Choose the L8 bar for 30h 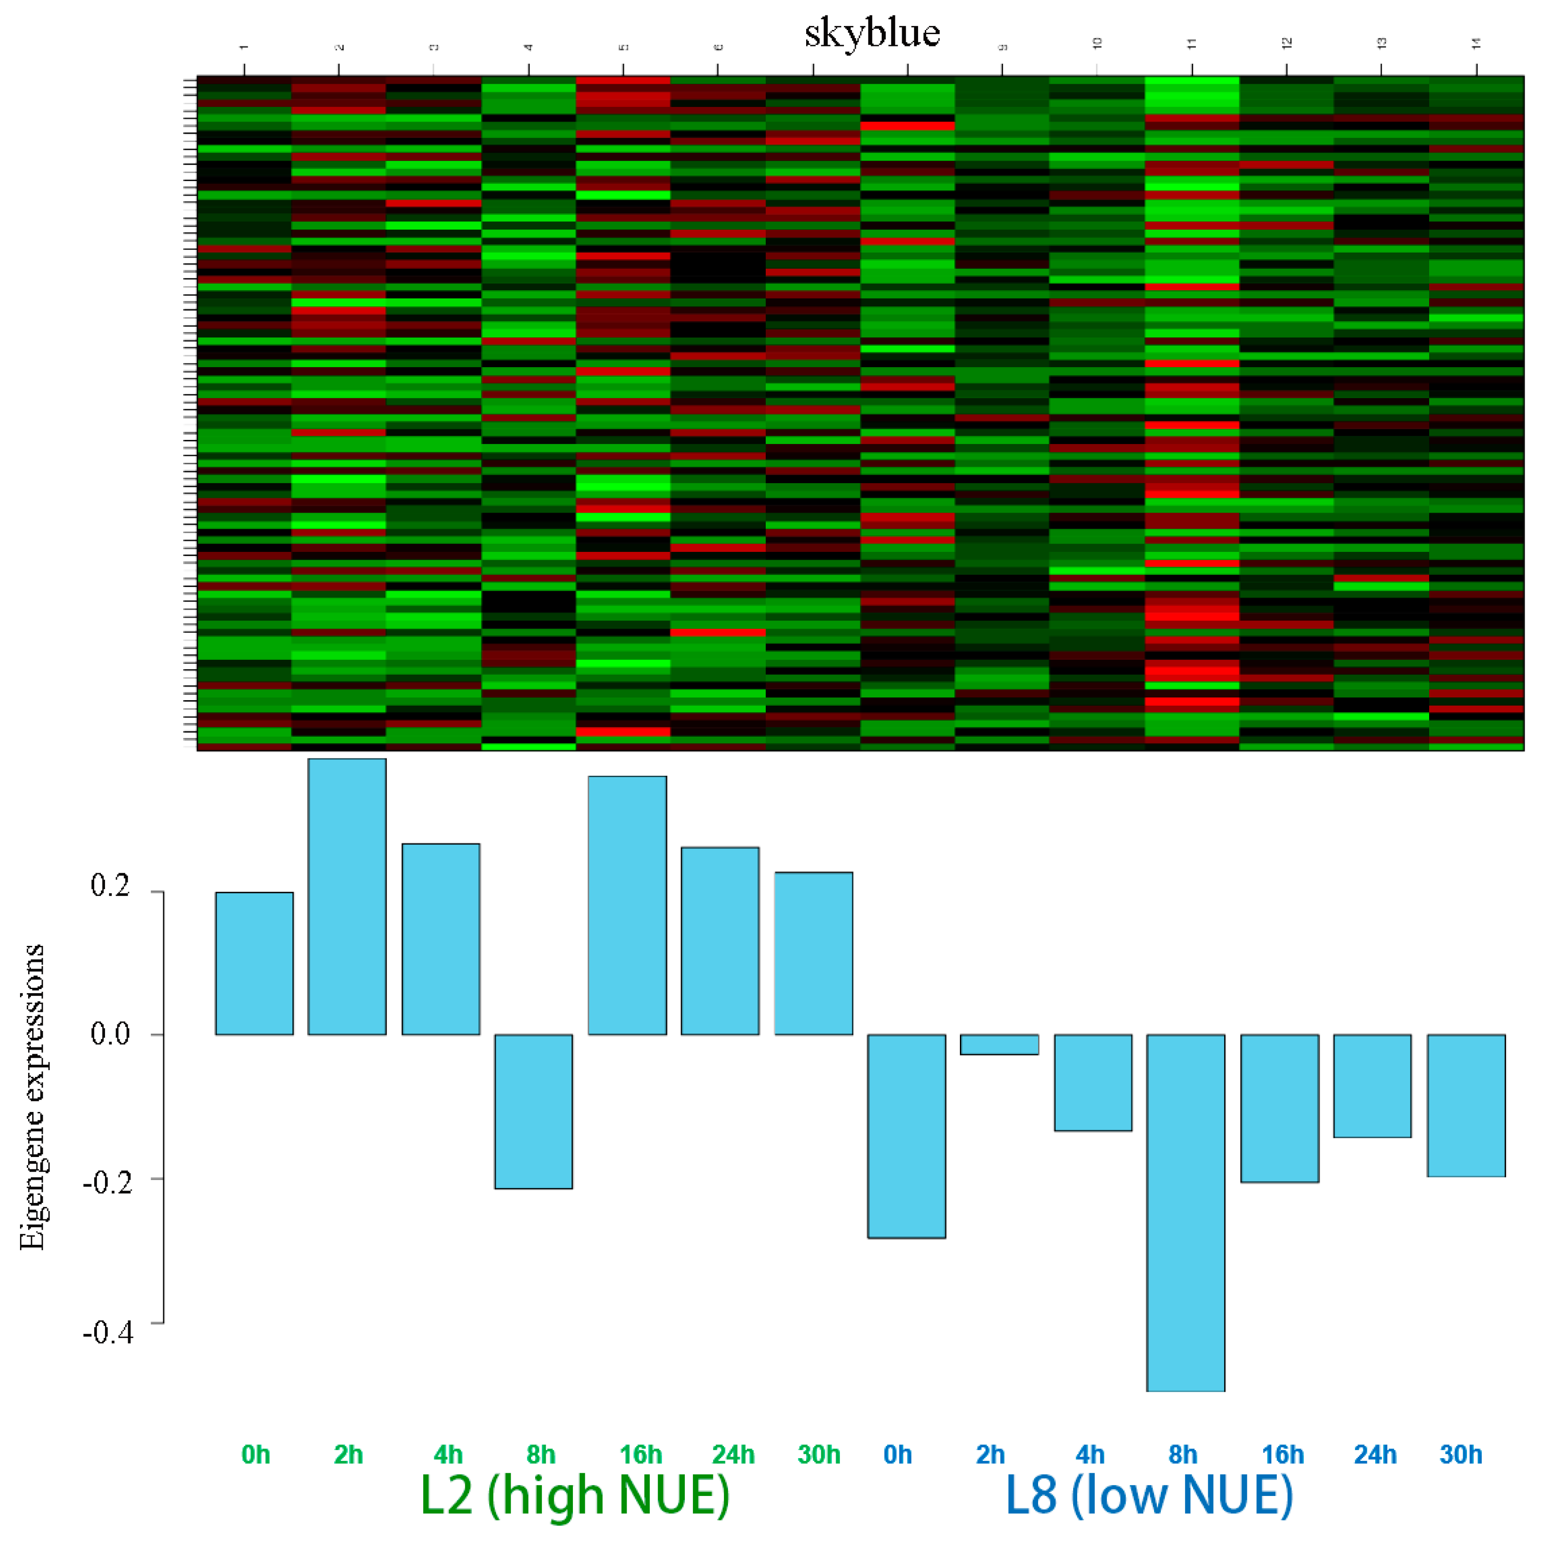pos(1466,1105)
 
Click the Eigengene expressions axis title pos(32,1096)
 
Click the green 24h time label pos(733,1455)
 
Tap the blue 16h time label pos(1283,1455)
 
